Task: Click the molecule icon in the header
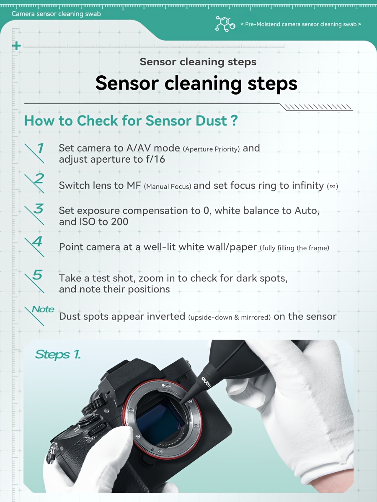[225, 24]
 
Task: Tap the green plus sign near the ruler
[16, 46]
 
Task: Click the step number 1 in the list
[41, 148]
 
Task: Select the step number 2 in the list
[39, 178]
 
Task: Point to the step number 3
[39, 208]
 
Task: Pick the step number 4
[37, 241]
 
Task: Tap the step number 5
[38, 275]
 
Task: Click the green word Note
[43, 309]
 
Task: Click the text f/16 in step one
[155, 159]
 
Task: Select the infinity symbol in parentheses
[332, 186]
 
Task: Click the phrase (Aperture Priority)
[211, 149]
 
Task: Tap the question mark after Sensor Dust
[234, 120]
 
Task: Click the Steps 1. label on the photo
[58, 355]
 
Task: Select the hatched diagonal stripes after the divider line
[317, 107]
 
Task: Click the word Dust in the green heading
[211, 120]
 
